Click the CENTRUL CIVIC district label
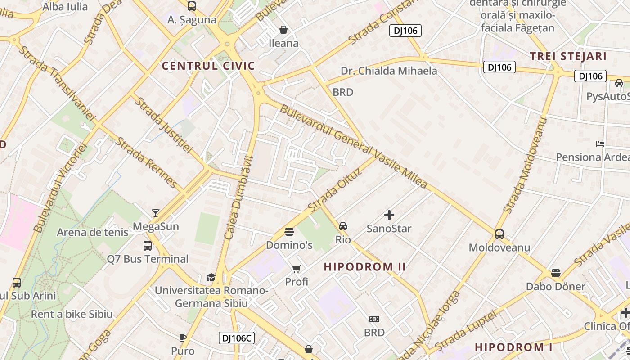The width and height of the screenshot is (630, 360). [x=208, y=66]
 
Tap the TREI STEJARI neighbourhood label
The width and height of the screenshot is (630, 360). [x=568, y=56]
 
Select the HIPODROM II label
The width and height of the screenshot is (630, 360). [x=365, y=266]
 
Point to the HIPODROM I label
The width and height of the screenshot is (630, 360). [x=513, y=347]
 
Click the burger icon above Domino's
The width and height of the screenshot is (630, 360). [x=289, y=232]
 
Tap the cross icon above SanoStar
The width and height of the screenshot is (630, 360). [x=389, y=215]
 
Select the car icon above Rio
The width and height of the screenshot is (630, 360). [x=343, y=226]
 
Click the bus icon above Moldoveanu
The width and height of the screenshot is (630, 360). [x=499, y=234]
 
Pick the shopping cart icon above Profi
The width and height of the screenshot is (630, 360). [x=297, y=269]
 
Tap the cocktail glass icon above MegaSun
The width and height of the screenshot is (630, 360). [x=156, y=213]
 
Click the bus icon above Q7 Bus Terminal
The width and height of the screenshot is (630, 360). [x=148, y=245]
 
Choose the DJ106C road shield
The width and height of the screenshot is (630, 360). [x=237, y=338]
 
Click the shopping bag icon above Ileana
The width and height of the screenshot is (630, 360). [x=283, y=30]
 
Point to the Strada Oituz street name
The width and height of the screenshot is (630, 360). [x=335, y=190]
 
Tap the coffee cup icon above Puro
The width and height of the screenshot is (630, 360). [x=182, y=337]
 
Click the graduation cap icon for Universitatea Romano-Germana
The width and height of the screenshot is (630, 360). [x=211, y=277]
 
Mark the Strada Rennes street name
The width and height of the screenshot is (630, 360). [x=146, y=162]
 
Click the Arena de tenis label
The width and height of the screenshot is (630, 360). [x=92, y=232]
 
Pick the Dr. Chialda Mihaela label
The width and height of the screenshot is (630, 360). [x=389, y=71]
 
